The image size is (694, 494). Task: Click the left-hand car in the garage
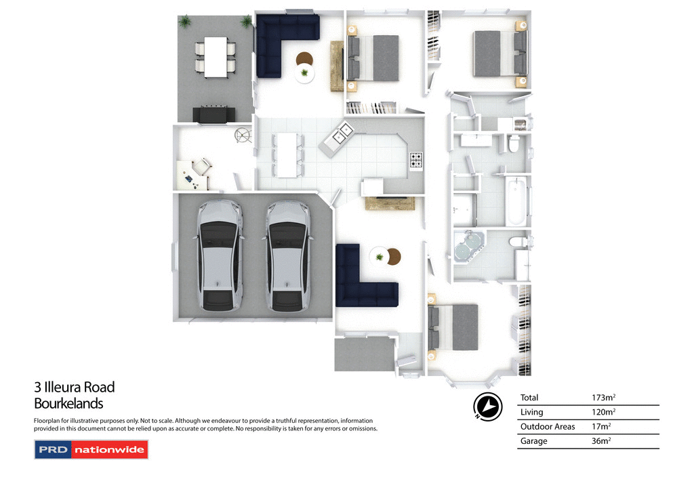pos(220,256)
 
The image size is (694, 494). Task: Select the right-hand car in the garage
pos(288,256)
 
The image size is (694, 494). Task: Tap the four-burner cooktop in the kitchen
pos(416,161)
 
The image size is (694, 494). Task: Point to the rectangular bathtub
pos(516,201)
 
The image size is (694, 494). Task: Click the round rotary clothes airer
pos(243,136)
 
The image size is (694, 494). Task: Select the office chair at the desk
pos(203,165)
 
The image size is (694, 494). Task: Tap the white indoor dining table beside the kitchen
pos(287,155)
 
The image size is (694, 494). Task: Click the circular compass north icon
pos(487,406)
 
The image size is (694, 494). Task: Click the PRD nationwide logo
pos(91,450)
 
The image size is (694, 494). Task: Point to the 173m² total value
pos(603,398)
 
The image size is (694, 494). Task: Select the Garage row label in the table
pos(533,441)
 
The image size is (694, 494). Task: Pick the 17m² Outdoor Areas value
pos(601,427)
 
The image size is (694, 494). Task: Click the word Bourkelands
pos(68,404)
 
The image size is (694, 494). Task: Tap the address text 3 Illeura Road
pos(75,388)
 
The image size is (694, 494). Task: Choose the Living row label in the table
pos(531,412)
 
